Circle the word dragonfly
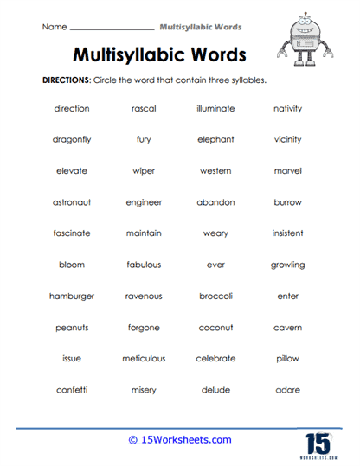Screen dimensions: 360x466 pyautogui.click(x=72, y=139)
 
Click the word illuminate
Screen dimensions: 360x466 pyautogui.click(x=215, y=108)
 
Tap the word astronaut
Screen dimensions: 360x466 pyautogui.click(x=72, y=202)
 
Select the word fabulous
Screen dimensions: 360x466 pyautogui.click(x=144, y=265)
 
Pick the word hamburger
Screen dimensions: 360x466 pyautogui.click(x=72, y=296)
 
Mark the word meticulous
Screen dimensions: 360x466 pyautogui.click(x=144, y=359)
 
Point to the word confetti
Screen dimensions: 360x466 pyautogui.click(x=72, y=390)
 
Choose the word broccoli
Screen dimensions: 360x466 pyautogui.click(x=215, y=296)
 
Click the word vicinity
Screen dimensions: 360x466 pyautogui.click(x=287, y=139)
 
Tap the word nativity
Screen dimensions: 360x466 pyautogui.click(x=287, y=108)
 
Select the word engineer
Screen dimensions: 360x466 pyautogui.click(x=144, y=202)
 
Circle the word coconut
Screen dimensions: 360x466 pyautogui.click(x=215, y=328)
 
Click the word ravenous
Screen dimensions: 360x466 pyautogui.click(x=144, y=296)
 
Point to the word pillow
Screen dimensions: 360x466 pyautogui.click(x=287, y=359)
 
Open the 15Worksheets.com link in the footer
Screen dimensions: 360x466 pyautogui.click(x=180, y=440)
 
